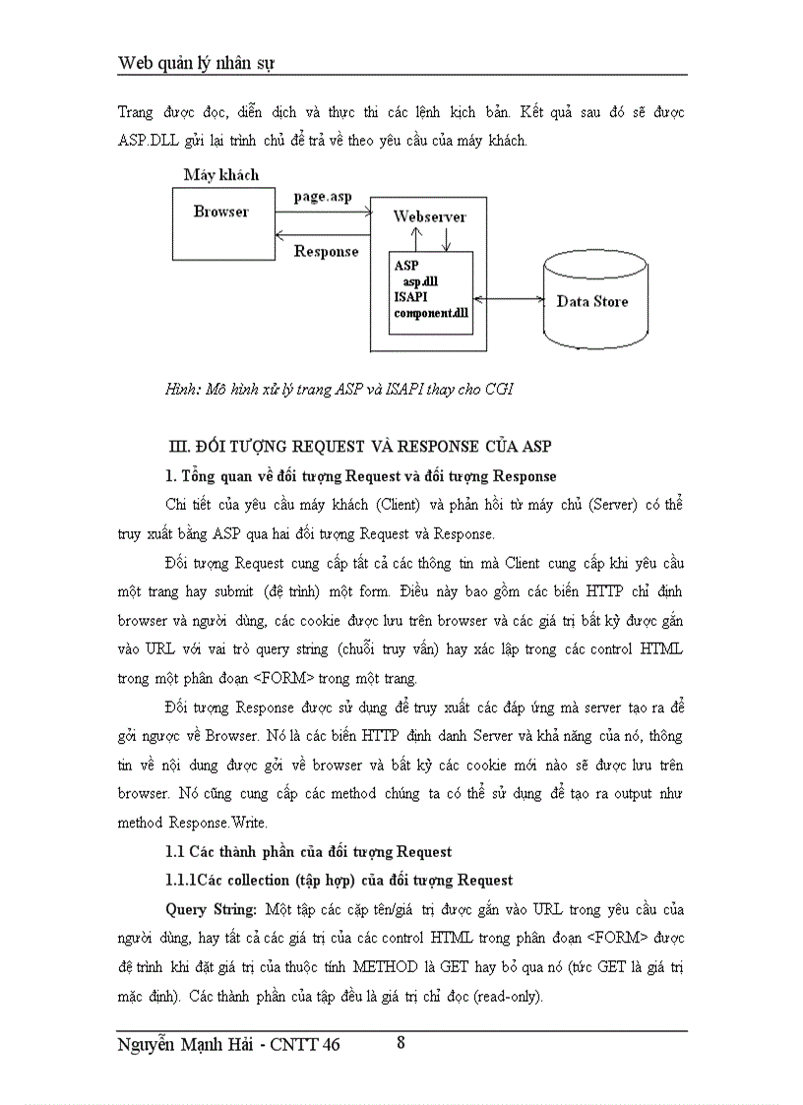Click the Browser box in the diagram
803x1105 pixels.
221,224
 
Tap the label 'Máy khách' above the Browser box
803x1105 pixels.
221,175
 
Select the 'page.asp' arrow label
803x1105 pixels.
322,197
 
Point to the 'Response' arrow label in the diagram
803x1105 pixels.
327,252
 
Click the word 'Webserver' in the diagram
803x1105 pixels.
430,216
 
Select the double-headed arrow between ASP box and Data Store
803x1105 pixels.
509,298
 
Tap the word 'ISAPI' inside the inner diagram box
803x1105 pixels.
412,297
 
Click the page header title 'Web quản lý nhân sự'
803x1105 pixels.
196,63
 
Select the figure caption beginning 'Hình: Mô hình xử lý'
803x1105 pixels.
339,390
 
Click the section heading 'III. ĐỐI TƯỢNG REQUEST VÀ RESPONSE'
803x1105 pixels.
361,447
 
